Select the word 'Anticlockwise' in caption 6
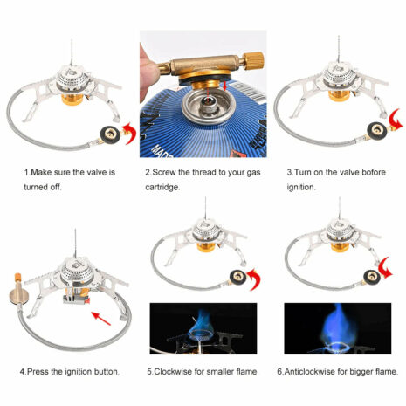[x=314, y=371]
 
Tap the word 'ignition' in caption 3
[x=300, y=187]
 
